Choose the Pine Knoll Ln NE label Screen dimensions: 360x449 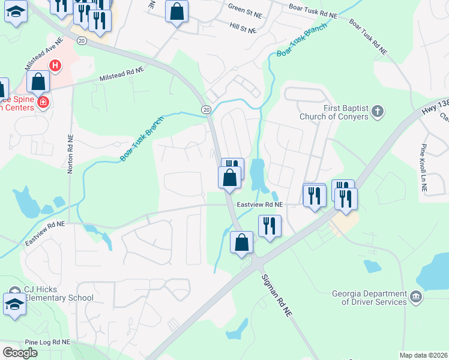pyautogui.click(x=423, y=168)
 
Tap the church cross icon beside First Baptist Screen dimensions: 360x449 pyautogui.click(x=377, y=111)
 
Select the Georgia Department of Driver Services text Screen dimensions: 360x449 pyautogui.click(x=370, y=298)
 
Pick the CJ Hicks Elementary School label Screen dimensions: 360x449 pyautogui.click(x=59, y=294)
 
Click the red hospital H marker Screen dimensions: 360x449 pyautogui.click(x=55, y=65)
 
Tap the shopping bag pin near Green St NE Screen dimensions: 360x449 pyautogui.click(x=176, y=11)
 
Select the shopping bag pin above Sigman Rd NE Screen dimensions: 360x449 pyautogui.click(x=241, y=242)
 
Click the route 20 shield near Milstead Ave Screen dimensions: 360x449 pyautogui.click(x=82, y=40)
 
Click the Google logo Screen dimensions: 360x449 pyautogui.click(x=20, y=353)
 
